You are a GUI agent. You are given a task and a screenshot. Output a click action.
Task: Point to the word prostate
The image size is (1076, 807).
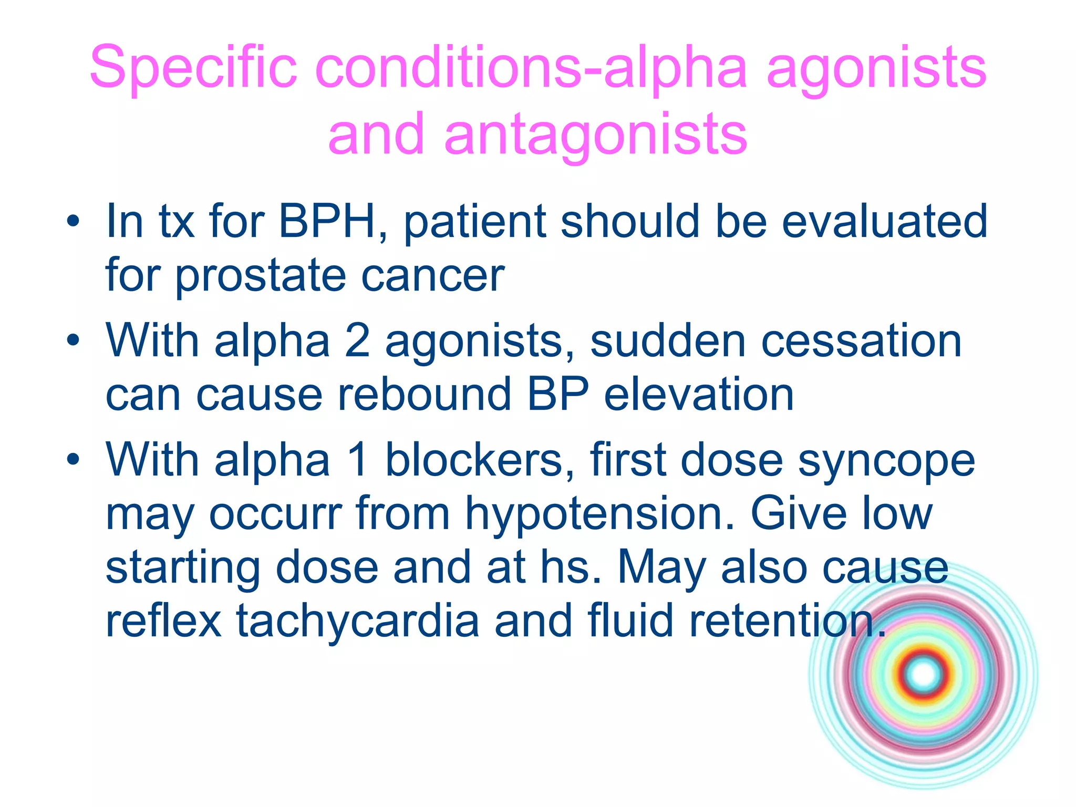(260, 277)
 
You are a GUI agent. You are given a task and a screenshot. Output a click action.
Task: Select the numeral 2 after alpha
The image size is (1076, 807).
(357, 342)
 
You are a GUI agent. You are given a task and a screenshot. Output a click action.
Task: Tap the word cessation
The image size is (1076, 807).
(861, 342)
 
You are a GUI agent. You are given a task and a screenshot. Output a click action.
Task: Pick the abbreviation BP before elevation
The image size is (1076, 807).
(557, 395)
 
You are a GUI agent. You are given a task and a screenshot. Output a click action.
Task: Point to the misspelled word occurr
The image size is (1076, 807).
(275, 515)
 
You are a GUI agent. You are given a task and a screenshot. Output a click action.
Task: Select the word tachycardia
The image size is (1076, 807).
(357, 622)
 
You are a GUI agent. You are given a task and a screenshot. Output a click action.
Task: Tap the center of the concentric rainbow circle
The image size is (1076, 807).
(924, 674)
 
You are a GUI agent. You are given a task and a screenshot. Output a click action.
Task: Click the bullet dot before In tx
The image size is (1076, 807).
(73, 221)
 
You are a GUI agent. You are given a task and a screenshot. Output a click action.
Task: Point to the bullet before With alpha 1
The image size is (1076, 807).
(73, 460)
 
